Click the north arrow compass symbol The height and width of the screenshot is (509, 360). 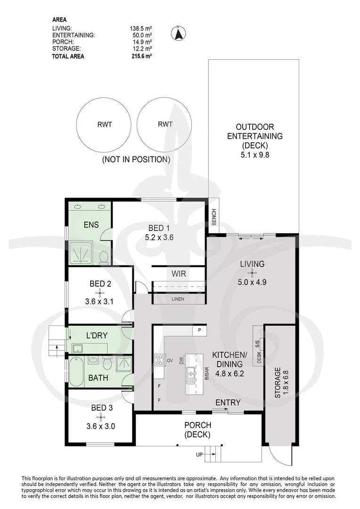click(x=178, y=33)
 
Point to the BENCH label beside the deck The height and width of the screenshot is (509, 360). click(x=213, y=216)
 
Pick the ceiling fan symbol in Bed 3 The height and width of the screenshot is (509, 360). click(x=101, y=417)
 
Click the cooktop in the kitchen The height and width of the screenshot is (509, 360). click(x=160, y=361)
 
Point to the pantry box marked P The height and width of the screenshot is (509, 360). click(x=199, y=330)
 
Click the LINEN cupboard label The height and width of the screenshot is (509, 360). click(x=178, y=299)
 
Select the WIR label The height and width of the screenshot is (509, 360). click(x=179, y=274)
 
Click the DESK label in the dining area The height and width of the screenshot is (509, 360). click(x=259, y=357)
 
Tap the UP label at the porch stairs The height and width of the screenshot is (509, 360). click(x=199, y=454)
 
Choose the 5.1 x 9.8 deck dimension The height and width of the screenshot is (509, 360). click(x=255, y=155)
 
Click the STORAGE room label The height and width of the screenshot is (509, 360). click(x=277, y=383)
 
